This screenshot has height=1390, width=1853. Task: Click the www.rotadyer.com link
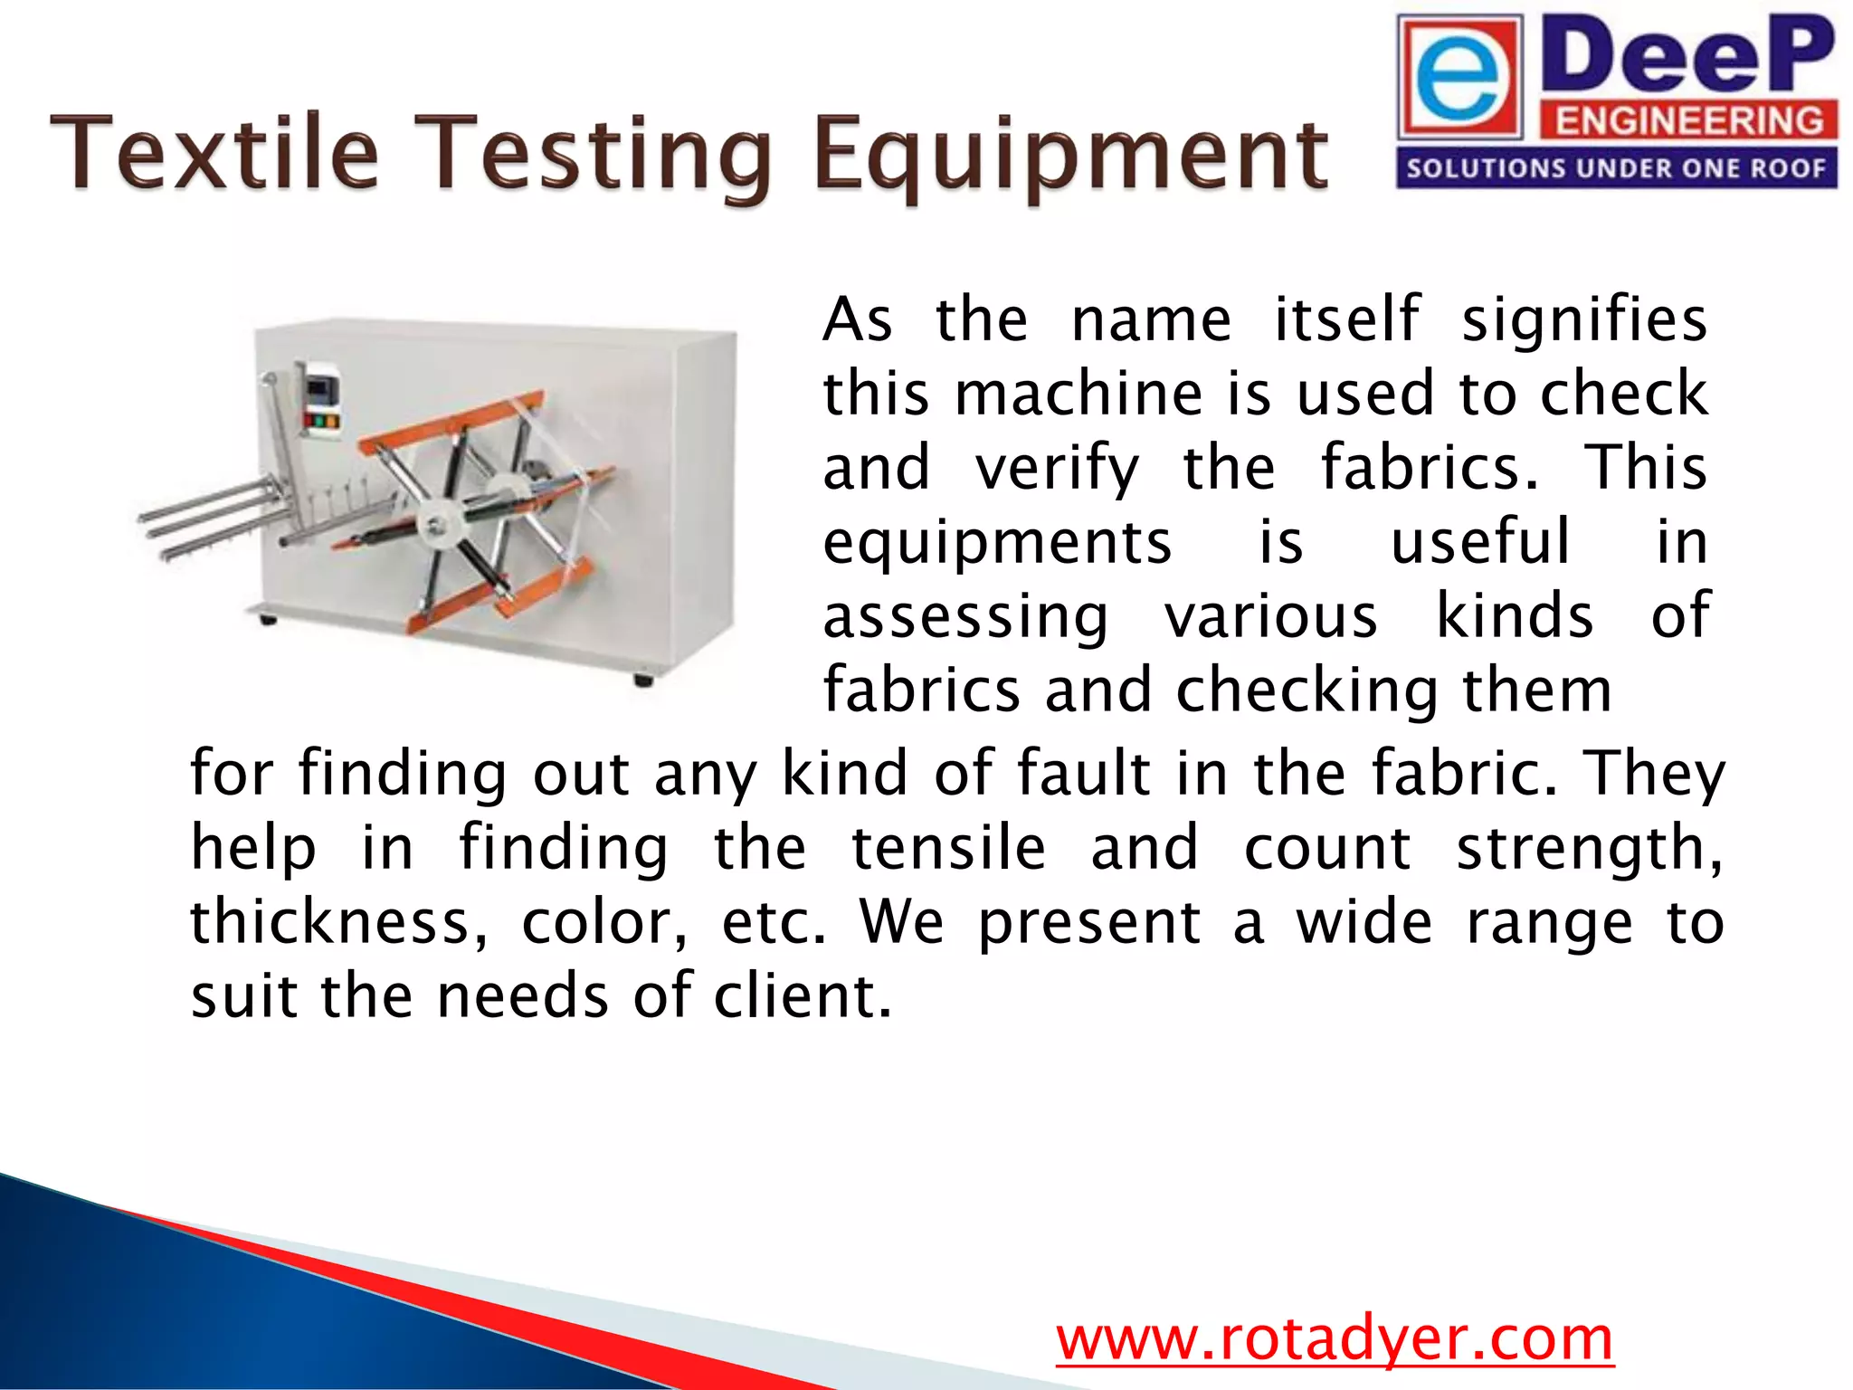coord(1335,1339)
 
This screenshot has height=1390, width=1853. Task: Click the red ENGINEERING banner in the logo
coord(1688,121)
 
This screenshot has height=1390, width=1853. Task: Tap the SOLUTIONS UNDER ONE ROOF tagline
coord(1616,168)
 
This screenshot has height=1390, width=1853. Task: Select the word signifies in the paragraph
coord(1583,320)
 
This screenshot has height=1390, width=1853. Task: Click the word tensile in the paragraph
coord(948,849)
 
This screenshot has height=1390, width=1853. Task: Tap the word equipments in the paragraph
coord(997,543)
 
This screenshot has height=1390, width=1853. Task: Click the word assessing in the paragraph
coord(965,619)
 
